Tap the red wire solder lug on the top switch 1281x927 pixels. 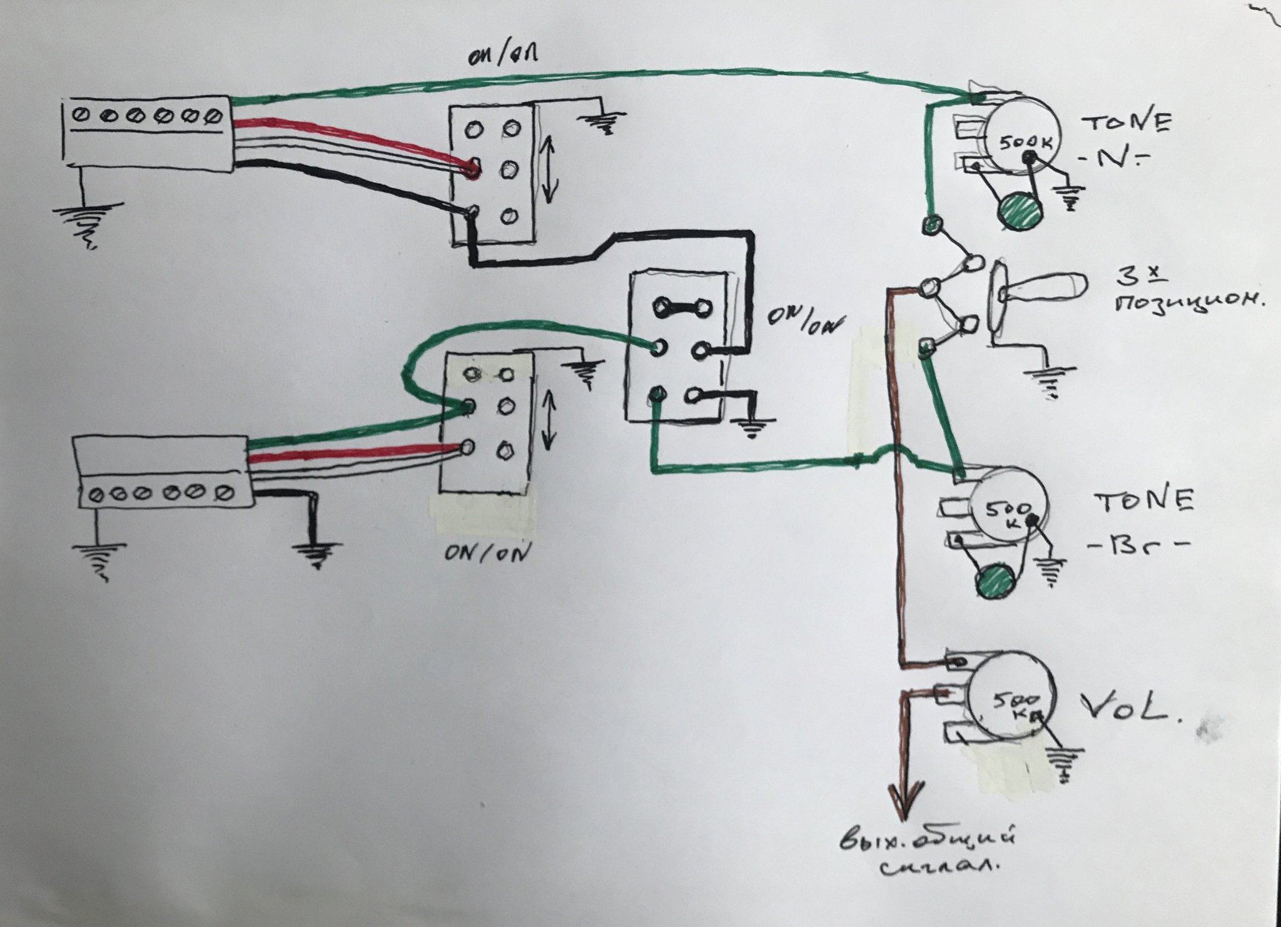(x=473, y=167)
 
